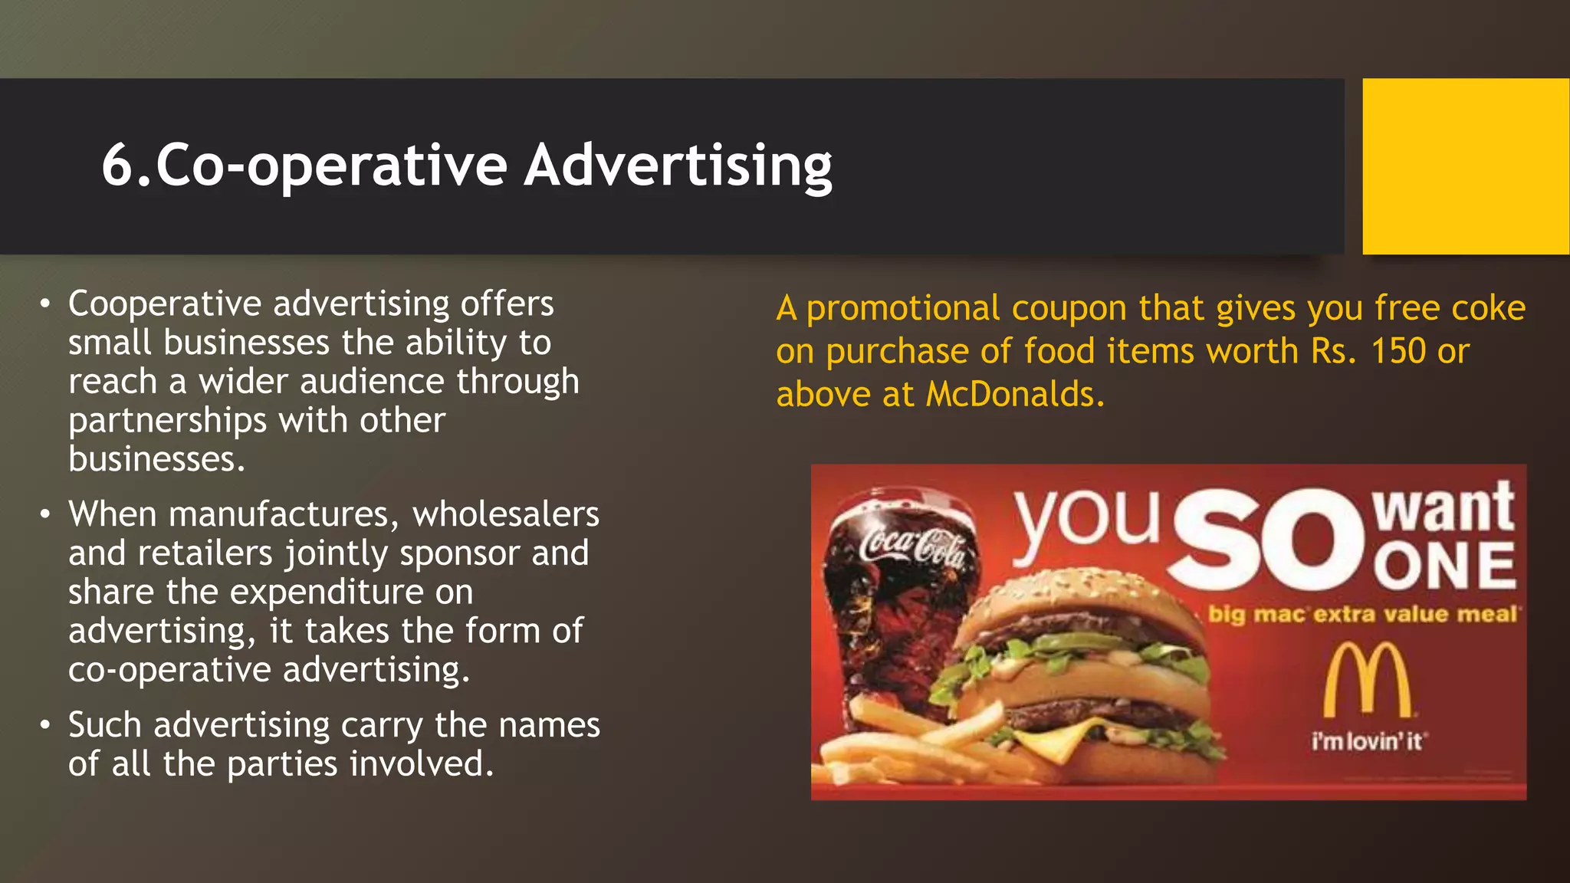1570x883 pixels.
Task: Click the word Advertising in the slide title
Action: [678, 166]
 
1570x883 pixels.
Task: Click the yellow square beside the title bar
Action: [1465, 166]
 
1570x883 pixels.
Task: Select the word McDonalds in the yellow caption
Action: [1014, 395]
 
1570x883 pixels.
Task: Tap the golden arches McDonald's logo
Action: [1368, 680]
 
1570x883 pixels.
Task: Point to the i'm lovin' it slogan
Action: [1368, 741]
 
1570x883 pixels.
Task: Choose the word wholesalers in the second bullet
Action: [506, 515]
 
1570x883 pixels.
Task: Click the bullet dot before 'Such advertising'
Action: [46, 725]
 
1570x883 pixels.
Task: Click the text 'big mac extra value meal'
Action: [1362, 615]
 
